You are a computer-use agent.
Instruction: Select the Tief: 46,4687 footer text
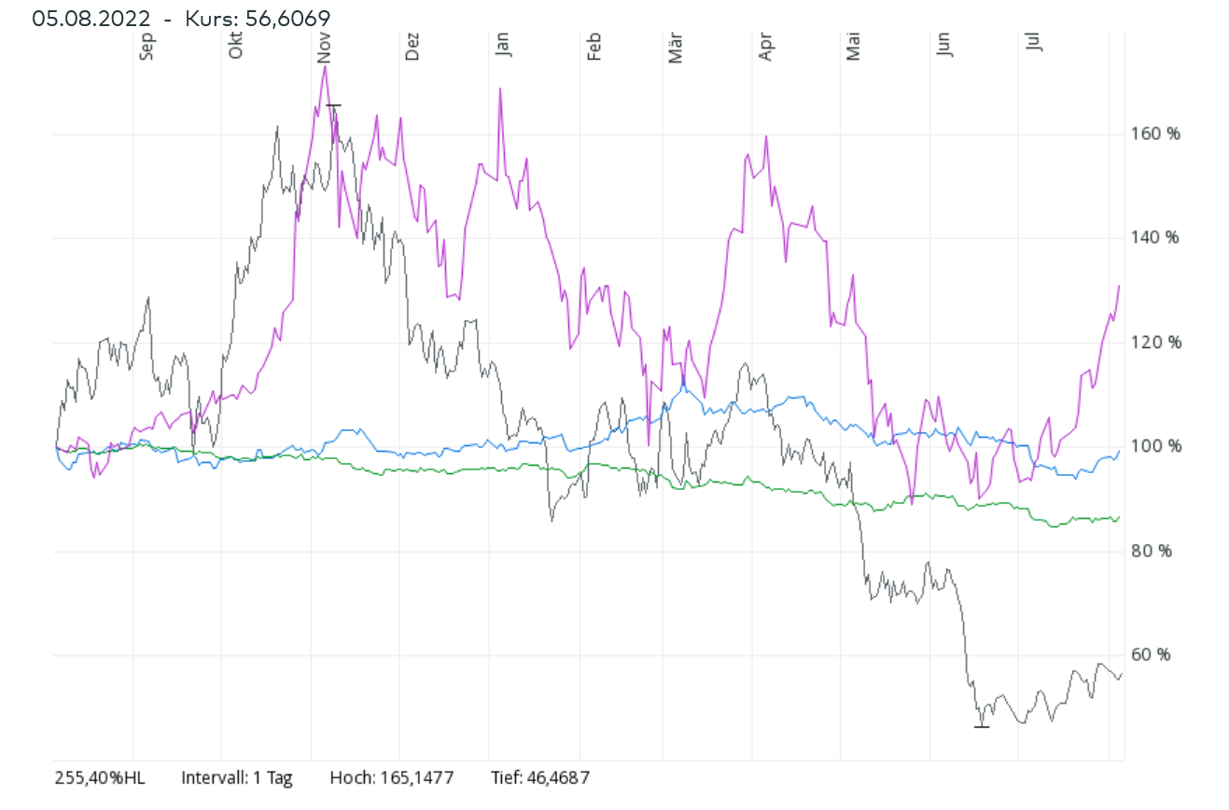click(x=540, y=777)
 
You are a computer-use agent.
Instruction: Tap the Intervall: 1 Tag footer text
click(x=237, y=777)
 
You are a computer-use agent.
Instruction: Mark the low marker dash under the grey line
click(x=981, y=726)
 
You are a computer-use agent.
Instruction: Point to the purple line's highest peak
click(x=325, y=66)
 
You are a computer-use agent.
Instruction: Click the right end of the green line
click(x=1119, y=517)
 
